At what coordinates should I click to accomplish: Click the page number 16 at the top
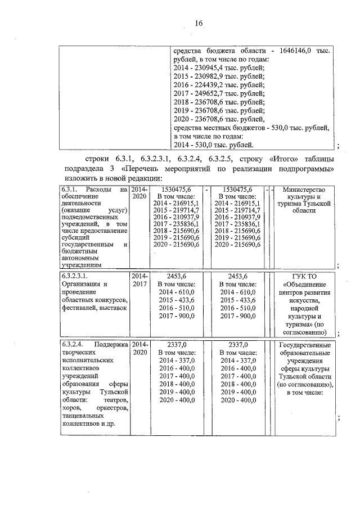(x=198, y=23)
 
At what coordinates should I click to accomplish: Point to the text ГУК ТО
(x=304, y=276)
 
